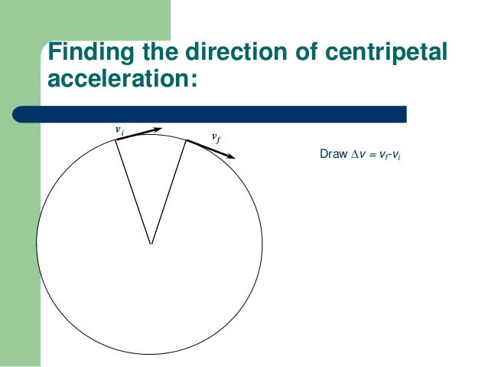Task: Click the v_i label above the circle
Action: (x=119, y=130)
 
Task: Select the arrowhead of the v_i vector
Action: (x=158, y=129)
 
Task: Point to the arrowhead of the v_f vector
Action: (x=232, y=156)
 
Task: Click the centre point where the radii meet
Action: (x=151, y=244)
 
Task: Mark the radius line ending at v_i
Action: (x=133, y=192)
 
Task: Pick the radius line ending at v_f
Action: (x=169, y=192)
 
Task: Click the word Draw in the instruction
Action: (x=333, y=156)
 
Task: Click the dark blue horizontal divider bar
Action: (x=229, y=113)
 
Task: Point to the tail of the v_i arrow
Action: (x=116, y=139)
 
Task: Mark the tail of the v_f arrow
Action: (x=187, y=139)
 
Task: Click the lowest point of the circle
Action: (x=150, y=356)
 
